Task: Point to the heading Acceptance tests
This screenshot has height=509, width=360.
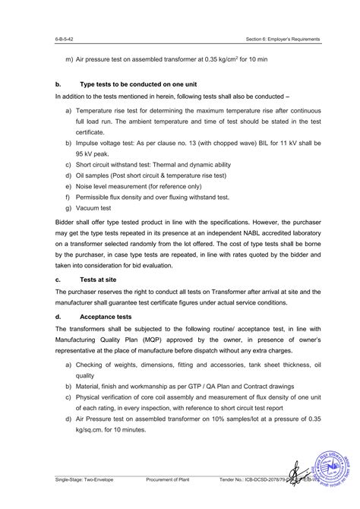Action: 109,317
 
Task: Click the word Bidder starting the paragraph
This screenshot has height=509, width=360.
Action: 66,221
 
